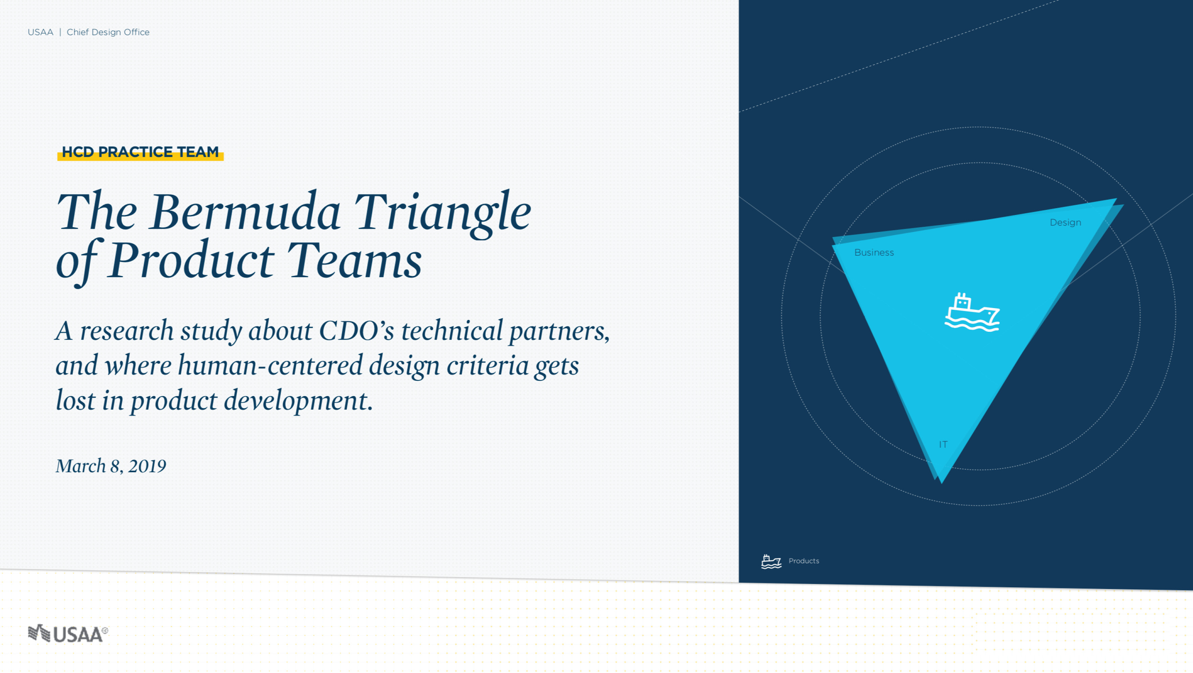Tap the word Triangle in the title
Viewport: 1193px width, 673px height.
[x=443, y=214]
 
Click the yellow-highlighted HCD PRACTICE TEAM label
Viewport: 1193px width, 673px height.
[x=140, y=152]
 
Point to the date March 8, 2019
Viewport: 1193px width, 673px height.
[x=111, y=466]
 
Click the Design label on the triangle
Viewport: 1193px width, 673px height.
[x=1065, y=222]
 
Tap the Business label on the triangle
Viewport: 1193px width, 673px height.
[x=874, y=253]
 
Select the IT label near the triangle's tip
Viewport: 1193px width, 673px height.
[x=943, y=444]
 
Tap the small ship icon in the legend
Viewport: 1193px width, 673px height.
[x=771, y=561]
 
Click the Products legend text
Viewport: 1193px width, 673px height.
[x=803, y=561]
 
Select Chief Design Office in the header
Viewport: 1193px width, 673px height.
[x=108, y=32]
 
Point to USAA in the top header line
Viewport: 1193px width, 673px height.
[x=40, y=32]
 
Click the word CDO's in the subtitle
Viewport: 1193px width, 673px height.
[x=357, y=331]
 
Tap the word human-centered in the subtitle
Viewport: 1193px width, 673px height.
[x=270, y=366]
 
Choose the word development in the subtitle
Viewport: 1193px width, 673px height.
[x=298, y=400]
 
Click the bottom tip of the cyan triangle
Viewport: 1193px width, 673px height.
[x=941, y=483]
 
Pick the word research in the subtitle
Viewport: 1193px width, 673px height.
[x=127, y=331]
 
